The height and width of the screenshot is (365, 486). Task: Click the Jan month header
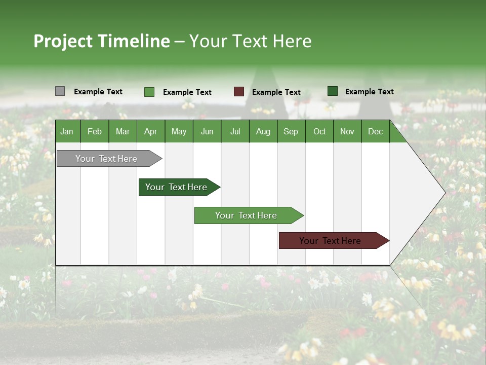pos(67,131)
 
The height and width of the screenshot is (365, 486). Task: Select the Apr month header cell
pos(150,131)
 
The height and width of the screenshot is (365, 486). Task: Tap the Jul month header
pos(235,131)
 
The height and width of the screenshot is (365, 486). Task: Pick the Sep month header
pos(291,131)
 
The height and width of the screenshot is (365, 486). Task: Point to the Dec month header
pos(375,131)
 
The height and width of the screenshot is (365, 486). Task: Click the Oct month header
pos(319,131)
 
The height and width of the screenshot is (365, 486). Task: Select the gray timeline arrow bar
pos(106,159)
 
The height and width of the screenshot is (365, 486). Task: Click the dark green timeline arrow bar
pos(176,187)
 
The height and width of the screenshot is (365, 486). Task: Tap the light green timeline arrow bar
pos(246,215)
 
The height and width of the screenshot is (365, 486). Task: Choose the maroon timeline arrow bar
pos(330,241)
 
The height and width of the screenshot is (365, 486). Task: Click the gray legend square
pos(60,91)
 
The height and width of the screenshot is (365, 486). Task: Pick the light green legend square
pos(149,92)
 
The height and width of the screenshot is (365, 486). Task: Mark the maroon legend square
pos(238,92)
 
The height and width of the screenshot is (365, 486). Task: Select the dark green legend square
pos(332,91)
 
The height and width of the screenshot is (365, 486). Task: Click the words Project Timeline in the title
pos(101,41)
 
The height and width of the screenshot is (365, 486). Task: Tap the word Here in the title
pos(292,41)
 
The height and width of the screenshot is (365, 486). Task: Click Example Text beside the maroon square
pos(276,92)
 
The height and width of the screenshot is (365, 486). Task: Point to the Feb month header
pos(94,131)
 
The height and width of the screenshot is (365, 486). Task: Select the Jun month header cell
pos(207,131)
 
